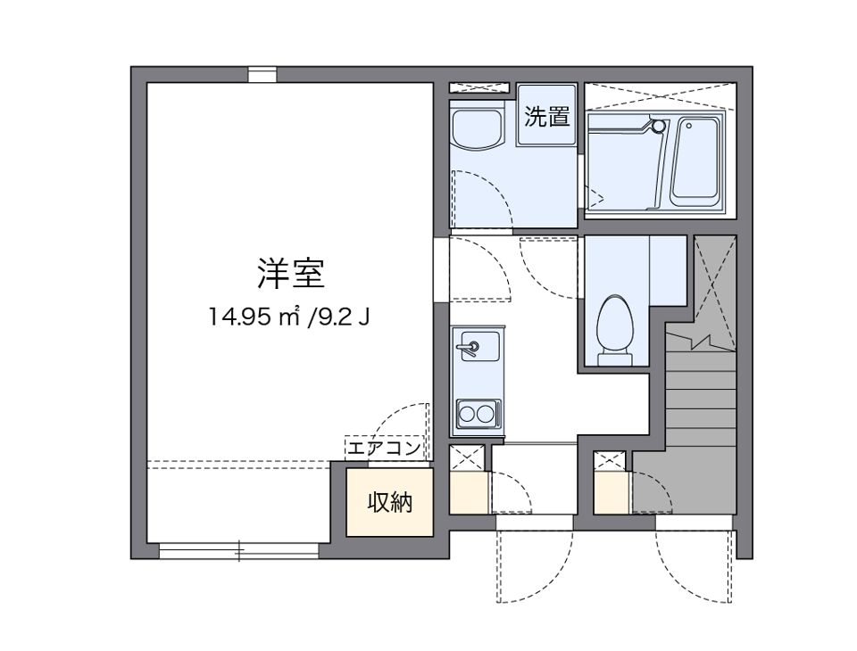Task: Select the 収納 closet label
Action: (390, 502)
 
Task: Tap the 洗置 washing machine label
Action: (546, 117)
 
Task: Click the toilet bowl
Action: (613, 324)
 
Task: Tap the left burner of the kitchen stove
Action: (468, 414)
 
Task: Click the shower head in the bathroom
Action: (659, 127)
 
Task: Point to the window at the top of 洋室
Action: (262, 75)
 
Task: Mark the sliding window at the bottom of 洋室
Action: (238, 551)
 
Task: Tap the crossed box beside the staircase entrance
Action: (612, 462)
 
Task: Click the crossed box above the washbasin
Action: (481, 87)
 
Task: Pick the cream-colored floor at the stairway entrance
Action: (612, 492)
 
